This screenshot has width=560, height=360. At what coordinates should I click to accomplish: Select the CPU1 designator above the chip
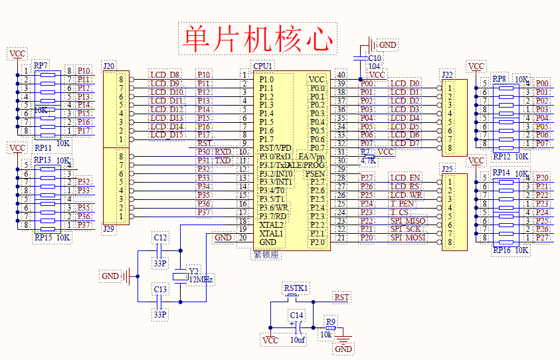pos(262,66)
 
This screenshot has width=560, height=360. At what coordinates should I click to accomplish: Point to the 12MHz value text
pos(201,280)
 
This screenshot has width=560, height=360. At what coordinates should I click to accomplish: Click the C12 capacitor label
pos(160,237)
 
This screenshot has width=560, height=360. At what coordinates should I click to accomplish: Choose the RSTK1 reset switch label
pos(296,288)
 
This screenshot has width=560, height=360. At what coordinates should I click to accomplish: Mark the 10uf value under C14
pos(297,339)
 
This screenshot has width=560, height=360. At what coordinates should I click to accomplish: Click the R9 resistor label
pos(331,322)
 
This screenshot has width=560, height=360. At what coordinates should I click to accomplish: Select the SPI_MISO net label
pos(407,221)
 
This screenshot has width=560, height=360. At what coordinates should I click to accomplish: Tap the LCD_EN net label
pos(405,177)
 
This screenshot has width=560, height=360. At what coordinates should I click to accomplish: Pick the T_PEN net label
pos(402,203)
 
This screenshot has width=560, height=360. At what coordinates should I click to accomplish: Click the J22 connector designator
pos(447,74)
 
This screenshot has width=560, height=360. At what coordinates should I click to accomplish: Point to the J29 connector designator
pos(110,228)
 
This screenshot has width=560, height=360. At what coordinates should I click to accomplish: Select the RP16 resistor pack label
pos(502,250)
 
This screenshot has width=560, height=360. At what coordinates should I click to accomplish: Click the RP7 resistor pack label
pos(41,66)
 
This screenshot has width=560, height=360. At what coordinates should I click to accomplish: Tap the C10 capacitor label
pos(373,58)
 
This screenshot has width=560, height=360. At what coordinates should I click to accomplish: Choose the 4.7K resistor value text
pos(368,160)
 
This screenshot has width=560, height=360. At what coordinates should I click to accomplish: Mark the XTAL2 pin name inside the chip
pos(271,225)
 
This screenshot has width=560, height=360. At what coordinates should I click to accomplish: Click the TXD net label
pos(223,161)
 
